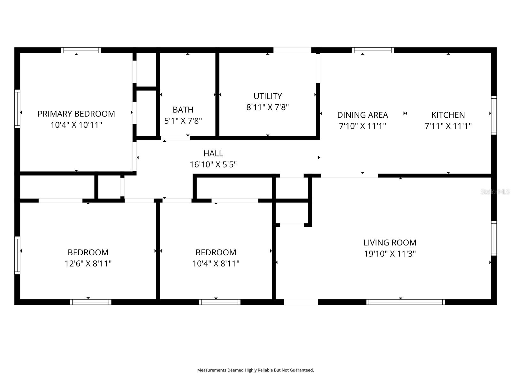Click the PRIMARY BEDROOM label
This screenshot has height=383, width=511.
tap(76, 114)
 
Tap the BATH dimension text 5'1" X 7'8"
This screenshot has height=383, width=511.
tap(183, 121)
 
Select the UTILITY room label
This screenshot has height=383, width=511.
tap(267, 96)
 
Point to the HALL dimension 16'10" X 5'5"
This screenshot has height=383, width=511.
tap(213, 164)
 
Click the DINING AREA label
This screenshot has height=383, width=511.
tap(362, 115)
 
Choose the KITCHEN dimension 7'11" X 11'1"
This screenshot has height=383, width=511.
tap(448, 126)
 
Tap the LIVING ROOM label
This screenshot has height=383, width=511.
tap(390, 243)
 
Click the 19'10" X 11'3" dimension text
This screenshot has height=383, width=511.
tap(390, 254)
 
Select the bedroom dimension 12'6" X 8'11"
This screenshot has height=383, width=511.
tap(88, 263)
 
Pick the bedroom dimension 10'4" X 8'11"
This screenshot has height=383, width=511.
tap(216, 263)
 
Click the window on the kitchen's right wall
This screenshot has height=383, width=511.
tap(494, 115)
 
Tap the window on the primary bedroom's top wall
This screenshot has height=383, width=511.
tap(81, 50)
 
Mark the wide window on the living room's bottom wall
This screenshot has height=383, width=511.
tap(406, 302)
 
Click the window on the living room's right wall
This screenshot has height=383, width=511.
tap(494, 238)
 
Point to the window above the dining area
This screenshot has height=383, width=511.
tap(373, 50)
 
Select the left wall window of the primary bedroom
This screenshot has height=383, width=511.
tap(17, 109)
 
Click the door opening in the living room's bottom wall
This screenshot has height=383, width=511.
tap(301, 302)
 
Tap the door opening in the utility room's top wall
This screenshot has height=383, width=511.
tap(292, 50)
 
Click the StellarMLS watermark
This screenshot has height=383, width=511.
tap(495, 192)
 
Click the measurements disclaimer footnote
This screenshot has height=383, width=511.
tap(256, 370)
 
